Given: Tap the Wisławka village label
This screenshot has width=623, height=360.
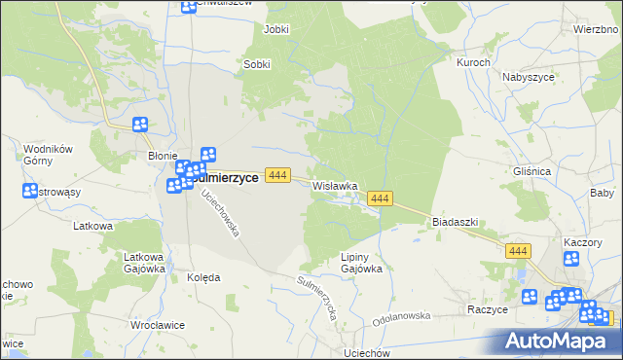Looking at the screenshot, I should point(336,185).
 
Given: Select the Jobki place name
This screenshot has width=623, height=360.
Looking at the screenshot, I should point(276,30).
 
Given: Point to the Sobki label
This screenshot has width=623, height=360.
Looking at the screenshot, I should point(256,65).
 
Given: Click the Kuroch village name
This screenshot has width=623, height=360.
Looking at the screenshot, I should point(473,62).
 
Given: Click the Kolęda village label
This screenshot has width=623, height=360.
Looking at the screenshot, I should point(202,277).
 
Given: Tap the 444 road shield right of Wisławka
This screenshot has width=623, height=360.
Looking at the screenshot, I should point(380,198).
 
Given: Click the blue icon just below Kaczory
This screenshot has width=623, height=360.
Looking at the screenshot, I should point(571,259).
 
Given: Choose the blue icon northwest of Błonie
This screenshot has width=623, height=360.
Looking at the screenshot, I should point(140,125).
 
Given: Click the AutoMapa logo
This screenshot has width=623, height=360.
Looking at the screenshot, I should point(560,341).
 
